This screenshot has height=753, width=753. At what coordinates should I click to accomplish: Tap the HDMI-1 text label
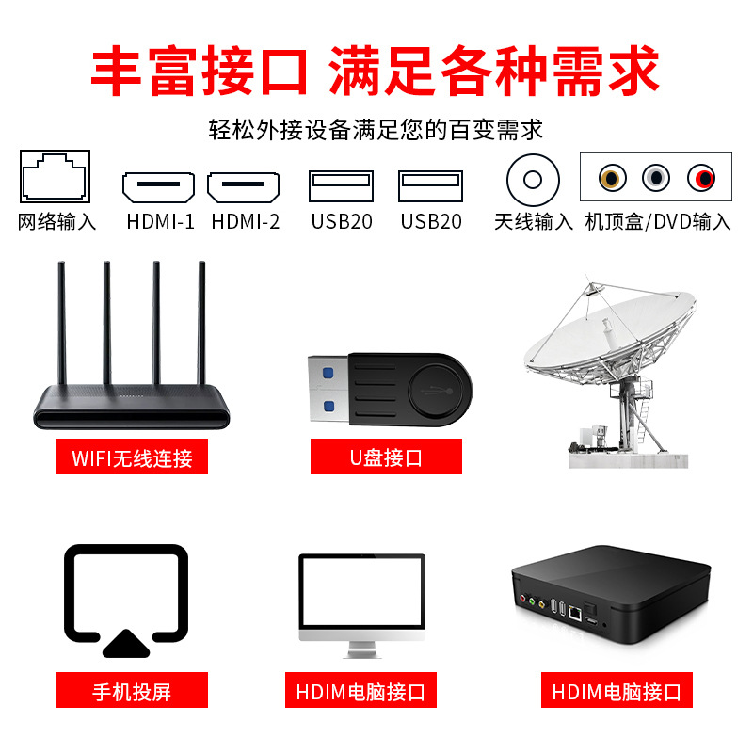[160, 222]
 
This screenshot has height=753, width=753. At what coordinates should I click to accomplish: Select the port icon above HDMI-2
[244, 187]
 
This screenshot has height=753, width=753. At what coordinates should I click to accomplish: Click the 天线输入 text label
[534, 222]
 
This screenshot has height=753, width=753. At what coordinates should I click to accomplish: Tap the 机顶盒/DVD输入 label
[657, 222]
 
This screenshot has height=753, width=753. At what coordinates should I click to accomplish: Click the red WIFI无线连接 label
[132, 458]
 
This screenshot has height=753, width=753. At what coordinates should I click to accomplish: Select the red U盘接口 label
[386, 458]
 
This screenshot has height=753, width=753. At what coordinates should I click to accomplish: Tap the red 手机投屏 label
[132, 692]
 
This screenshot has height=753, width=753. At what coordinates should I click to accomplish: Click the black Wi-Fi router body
[132, 405]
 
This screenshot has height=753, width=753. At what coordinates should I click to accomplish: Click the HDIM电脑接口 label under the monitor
[360, 692]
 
